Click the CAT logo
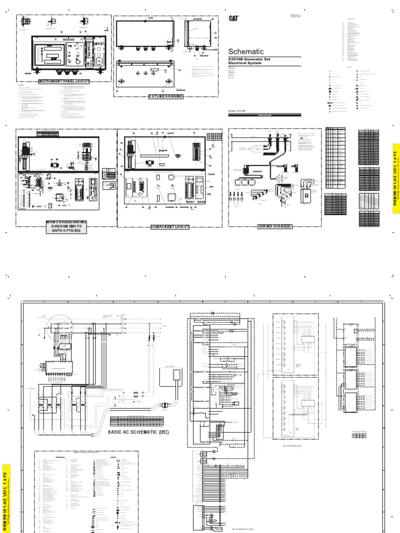(234, 18)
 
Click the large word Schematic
(246, 52)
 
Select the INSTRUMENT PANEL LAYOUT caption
(65, 82)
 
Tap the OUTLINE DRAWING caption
(166, 97)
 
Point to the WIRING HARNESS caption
(274, 227)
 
